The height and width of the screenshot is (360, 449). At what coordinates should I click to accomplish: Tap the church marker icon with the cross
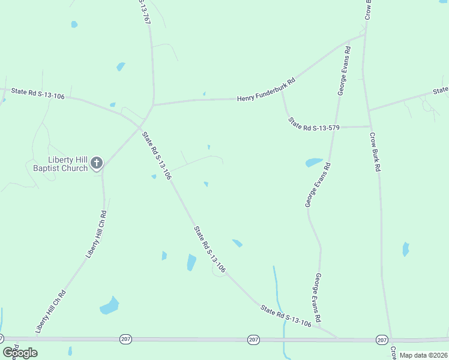[x=97, y=163]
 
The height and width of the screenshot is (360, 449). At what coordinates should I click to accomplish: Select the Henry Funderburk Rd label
[x=267, y=90]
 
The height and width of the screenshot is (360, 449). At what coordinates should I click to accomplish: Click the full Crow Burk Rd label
[x=375, y=152]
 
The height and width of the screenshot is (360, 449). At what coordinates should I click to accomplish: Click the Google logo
[x=20, y=352]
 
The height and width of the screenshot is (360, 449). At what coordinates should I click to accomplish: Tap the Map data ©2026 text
[x=423, y=355]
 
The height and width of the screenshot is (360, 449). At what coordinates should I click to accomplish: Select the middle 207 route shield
[x=254, y=340]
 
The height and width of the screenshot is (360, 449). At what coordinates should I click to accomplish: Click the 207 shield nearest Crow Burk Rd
[x=382, y=340]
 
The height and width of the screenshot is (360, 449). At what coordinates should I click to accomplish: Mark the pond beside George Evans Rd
[x=314, y=162]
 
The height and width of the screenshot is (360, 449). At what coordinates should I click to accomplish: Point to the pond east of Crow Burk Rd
[x=406, y=248]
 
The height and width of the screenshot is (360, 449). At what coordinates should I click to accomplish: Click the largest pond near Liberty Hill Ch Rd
[x=109, y=305]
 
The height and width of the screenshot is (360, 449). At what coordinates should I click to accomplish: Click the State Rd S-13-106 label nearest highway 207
[x=286, y=316]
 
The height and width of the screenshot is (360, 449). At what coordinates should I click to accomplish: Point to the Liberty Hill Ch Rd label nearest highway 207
[x=50, y=311]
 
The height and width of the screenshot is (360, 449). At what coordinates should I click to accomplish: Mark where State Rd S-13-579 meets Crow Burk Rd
[x=369, y=127]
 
